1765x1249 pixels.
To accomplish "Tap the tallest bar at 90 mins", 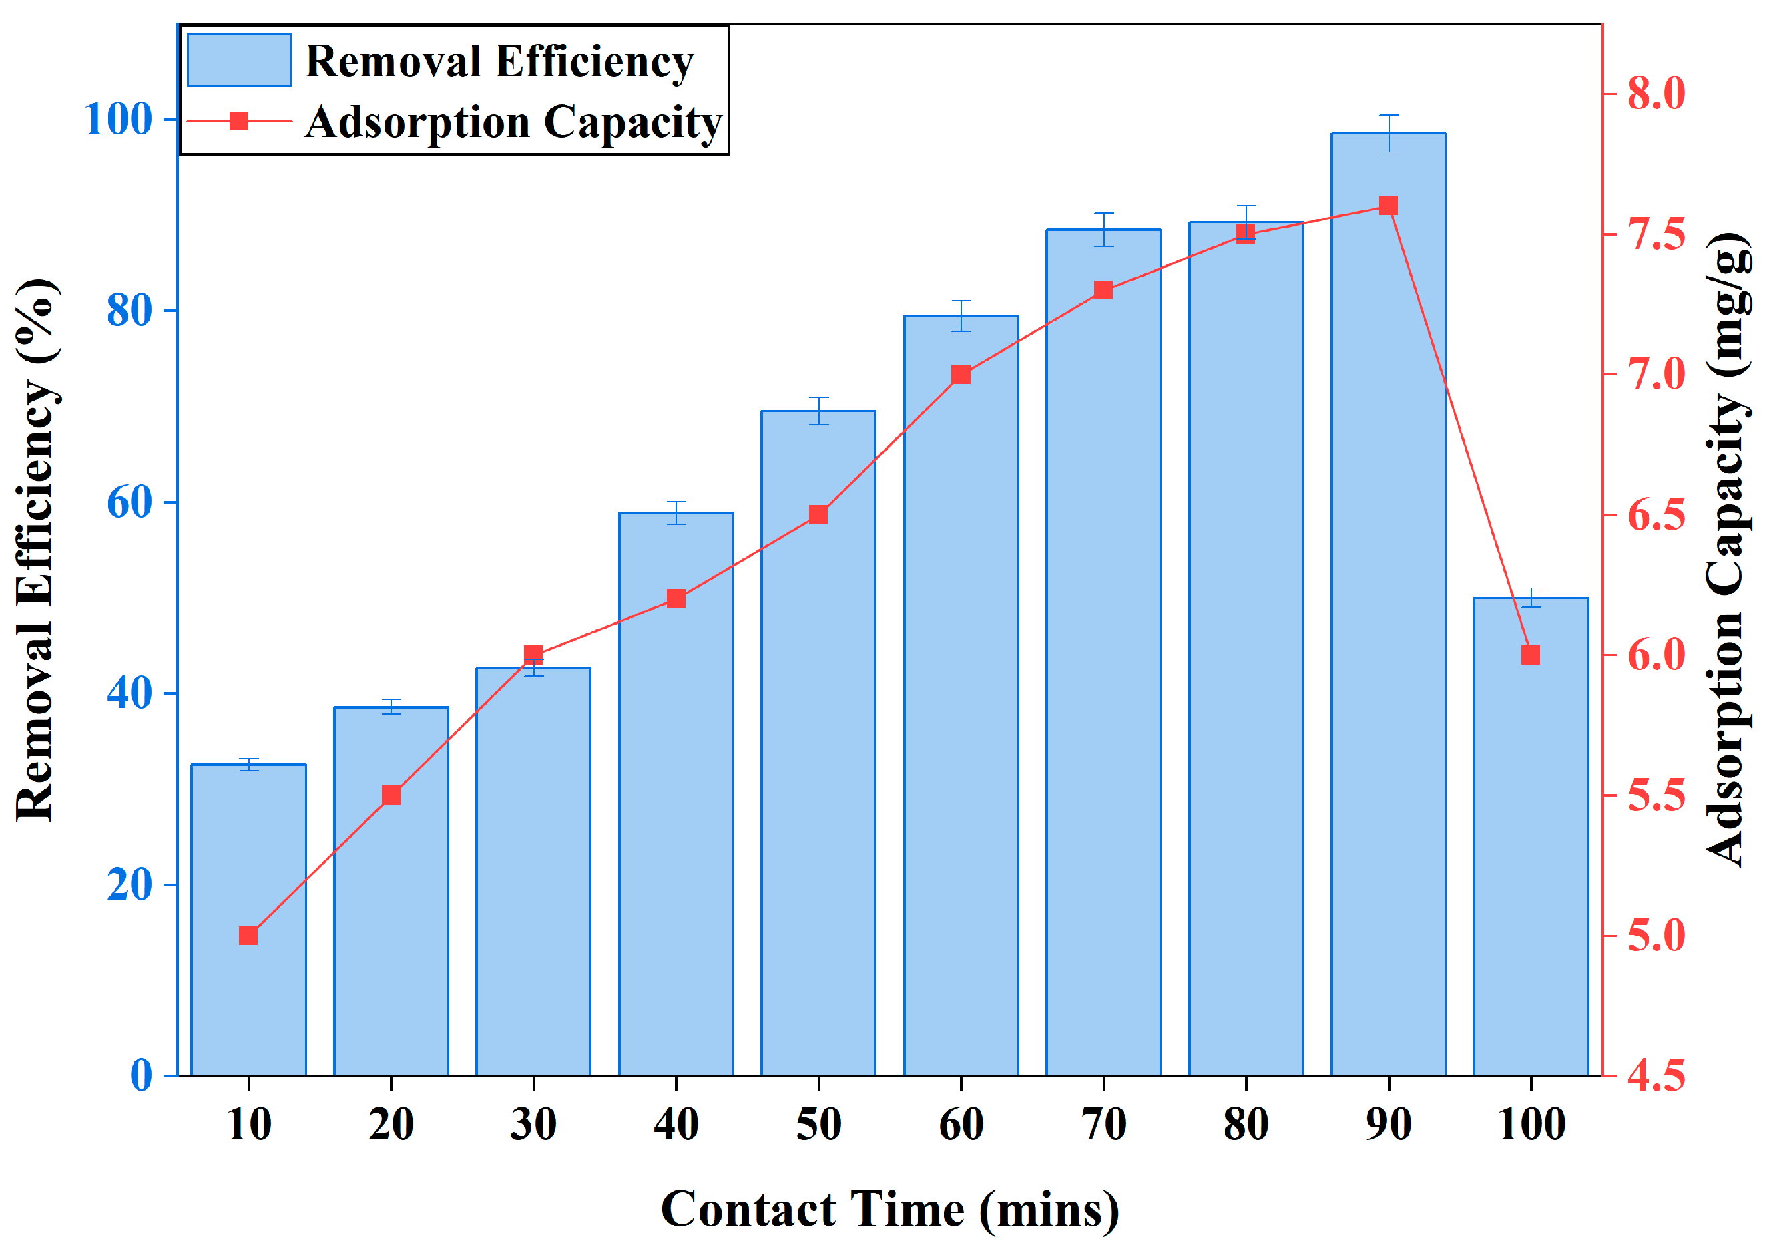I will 1389,615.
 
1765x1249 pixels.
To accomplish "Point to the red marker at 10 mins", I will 248,936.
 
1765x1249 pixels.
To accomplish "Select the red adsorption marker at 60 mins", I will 961,375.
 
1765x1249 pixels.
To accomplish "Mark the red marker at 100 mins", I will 1531,655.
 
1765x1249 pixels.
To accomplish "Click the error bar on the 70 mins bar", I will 1104,229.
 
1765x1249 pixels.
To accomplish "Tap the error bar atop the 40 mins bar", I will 676,512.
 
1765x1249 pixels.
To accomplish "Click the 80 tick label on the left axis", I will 129,311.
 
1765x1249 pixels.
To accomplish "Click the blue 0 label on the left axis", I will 141,1075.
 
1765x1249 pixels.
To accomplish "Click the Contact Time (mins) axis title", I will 889,1209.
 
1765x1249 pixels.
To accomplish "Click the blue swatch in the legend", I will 239,60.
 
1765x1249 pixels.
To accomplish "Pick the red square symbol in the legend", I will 239,121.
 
